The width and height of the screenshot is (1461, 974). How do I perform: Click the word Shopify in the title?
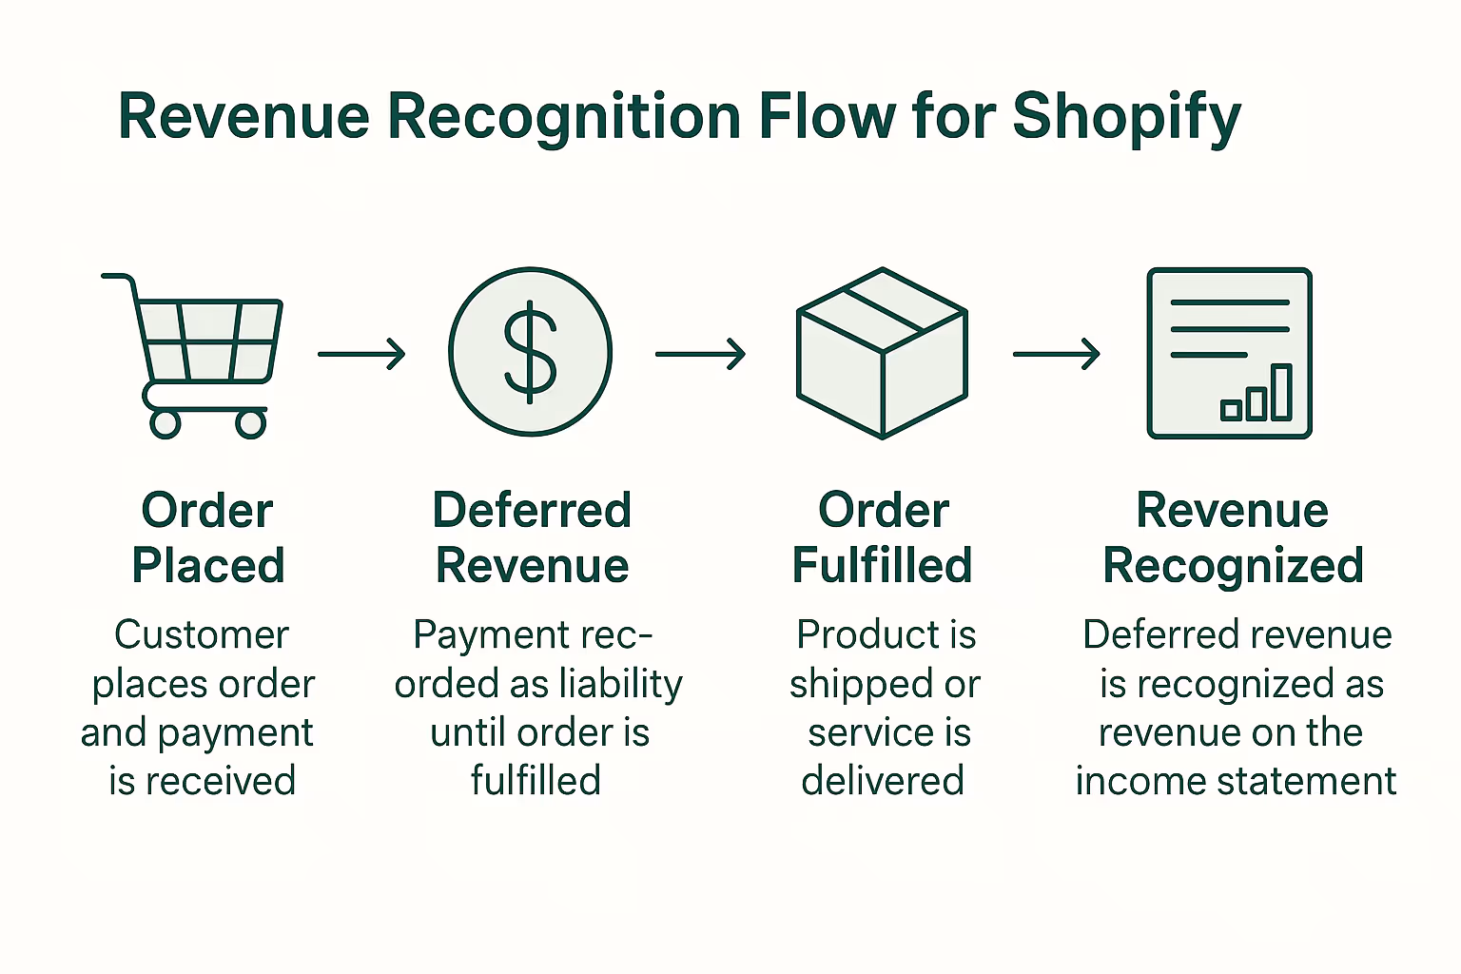click(1126, 118)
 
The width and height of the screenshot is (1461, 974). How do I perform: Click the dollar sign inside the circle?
click(530, 353)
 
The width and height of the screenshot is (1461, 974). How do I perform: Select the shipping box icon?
click(882, 353)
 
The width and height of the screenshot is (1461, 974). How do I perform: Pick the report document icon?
click(1229, 353)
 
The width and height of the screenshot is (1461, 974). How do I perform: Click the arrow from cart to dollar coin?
click(361, 355)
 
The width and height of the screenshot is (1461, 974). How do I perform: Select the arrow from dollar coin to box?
click(700, 355)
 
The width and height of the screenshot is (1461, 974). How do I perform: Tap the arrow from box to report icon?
click(1056, 355)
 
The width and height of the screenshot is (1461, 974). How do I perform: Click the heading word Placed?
click(208, 566)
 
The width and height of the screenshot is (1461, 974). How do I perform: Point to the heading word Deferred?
click(532, 511)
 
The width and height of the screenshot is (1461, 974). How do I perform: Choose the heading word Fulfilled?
click(882, 566)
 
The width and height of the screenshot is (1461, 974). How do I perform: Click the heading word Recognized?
click(1233, 566)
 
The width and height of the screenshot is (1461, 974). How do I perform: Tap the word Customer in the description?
click(202, 634)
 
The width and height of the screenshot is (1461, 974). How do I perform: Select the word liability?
click(620, 684)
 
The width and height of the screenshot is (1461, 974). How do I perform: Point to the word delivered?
click(883, 781)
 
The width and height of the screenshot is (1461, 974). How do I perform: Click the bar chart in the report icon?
click(1256, 394)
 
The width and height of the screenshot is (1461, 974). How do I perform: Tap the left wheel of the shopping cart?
click(166, 423)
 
